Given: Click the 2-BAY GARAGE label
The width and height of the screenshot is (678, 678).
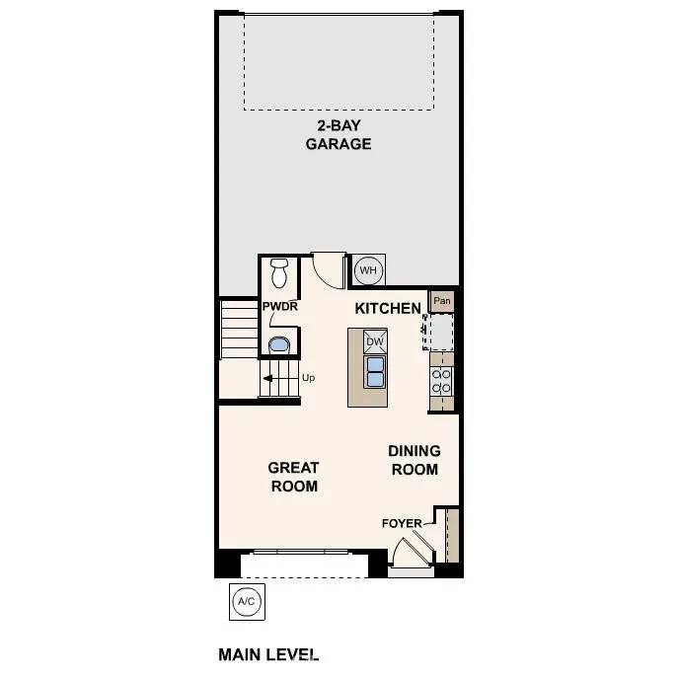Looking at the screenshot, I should [338, 134].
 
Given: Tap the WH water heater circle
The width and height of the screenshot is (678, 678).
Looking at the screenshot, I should [367, 269].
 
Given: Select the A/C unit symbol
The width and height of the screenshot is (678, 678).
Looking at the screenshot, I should [246, 601].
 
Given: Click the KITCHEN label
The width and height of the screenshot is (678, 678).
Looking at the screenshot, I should [388, 309].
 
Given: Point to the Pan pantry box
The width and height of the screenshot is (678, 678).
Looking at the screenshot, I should [442, 301].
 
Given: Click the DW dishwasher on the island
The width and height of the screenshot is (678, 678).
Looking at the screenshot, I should [375, 342].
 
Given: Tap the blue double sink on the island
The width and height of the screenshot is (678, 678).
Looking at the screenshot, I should [375, 371].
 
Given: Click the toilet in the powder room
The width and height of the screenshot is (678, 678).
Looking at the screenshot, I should [279, 270].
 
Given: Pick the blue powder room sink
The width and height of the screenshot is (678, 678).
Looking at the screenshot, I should [279, 345].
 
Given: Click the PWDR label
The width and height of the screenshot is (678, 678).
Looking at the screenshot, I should [279, 307].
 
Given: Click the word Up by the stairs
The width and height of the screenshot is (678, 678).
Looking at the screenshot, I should [308, 377].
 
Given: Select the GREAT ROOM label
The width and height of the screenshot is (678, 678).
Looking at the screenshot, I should [294, 477].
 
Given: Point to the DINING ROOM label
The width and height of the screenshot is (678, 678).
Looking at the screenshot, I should [414, 460].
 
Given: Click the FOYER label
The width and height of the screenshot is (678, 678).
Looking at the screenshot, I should [402, 523].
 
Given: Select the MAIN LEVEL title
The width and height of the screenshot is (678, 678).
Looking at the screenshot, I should [268, 653].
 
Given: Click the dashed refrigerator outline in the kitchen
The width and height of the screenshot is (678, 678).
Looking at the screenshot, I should [439, 331].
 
